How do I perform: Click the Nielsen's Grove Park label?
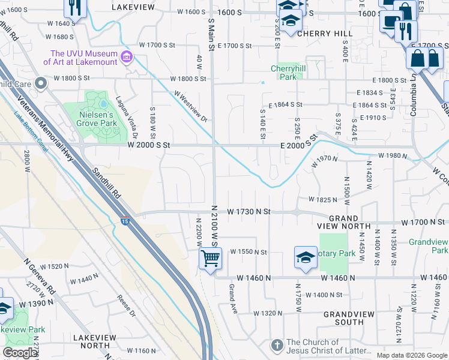(x=96, y=120)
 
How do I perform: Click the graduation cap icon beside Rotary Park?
(x=306, y=257)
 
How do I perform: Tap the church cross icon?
(x=277, y=345)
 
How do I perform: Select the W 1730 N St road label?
(x=249, y=212)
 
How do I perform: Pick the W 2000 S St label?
(x=149, y=145)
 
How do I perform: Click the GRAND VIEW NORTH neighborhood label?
(x=344, y=222)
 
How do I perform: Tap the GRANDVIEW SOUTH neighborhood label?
(x=344, y=318)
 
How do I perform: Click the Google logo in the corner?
(x=20, y=353)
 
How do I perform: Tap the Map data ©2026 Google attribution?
(x=412, y=355)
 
